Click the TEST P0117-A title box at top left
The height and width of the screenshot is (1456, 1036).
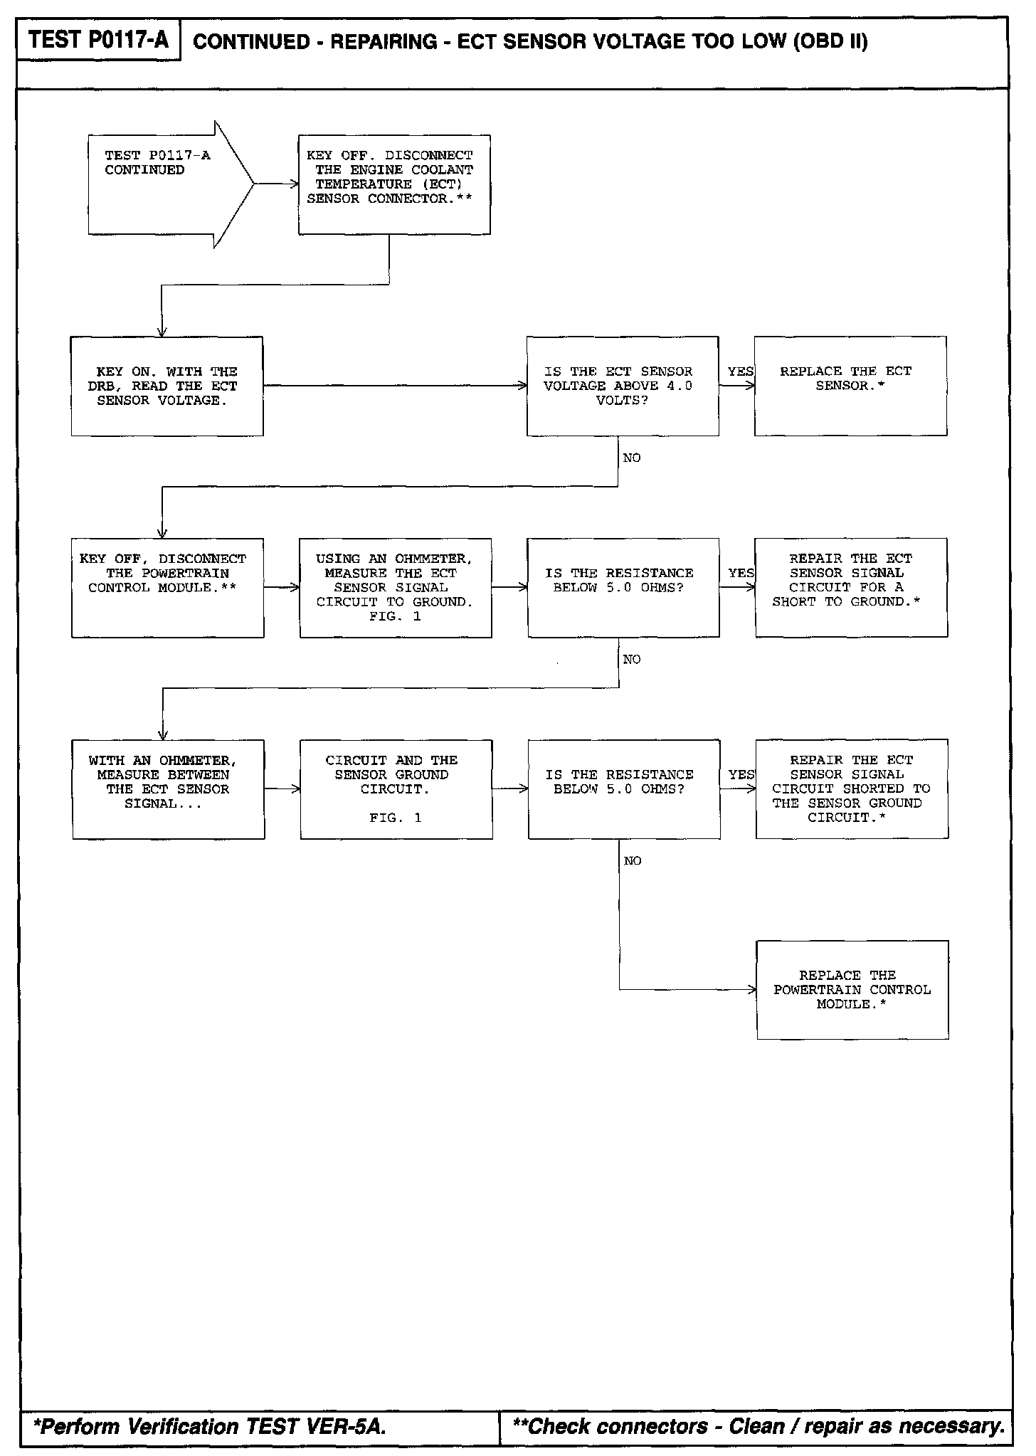coord(98,40)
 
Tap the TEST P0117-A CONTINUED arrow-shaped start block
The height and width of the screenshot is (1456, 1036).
coord(164,184)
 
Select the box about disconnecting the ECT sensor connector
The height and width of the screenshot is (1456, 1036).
coord(394,184)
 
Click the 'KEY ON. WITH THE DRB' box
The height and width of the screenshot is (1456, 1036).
coord(167,386)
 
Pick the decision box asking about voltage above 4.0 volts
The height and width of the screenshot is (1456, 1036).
coord(623,386)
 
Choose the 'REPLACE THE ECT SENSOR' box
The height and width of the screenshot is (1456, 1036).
coord(850,386)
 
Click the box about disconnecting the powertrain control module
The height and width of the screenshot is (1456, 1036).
coord(167,587)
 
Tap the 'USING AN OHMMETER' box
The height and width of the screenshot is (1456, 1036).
coord(396,587)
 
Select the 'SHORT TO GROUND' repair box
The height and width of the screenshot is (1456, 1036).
coord(851,587)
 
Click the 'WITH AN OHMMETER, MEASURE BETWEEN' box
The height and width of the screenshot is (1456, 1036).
coord(168,788)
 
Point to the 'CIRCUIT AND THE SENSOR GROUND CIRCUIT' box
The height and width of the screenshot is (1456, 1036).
coord(396,788)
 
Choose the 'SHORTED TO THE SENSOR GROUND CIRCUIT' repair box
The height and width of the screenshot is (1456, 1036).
coord(852,788)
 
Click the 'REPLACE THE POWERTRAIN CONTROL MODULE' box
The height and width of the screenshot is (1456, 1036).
coord(852,990)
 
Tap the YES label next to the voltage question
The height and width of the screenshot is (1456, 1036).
coord(740,371)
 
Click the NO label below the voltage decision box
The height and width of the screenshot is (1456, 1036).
coord(632,458)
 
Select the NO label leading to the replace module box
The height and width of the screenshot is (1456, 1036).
coord(633,861)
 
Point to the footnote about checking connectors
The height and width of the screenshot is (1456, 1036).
coord(758,1426)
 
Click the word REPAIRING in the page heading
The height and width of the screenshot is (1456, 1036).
coord(384,42)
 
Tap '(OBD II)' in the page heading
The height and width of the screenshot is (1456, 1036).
coord(830,42)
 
